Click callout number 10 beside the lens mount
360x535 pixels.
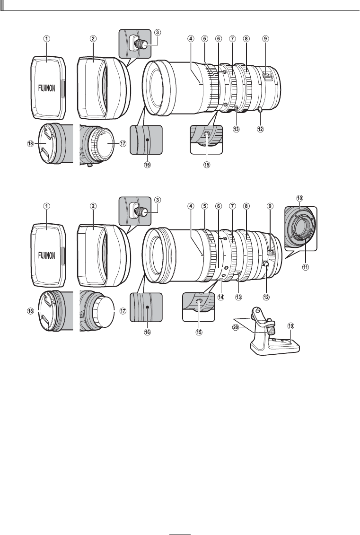click(x=300, y=198)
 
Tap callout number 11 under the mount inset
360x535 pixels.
click(x=306, y=267)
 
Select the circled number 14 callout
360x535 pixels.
click(x=221, y=297)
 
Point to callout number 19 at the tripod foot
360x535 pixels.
click(x=290, y=326)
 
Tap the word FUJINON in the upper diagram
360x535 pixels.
click(x=46, y=88)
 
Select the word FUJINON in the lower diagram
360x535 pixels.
click(x=46, y=255)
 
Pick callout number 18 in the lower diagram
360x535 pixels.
click(x=30, y=311)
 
